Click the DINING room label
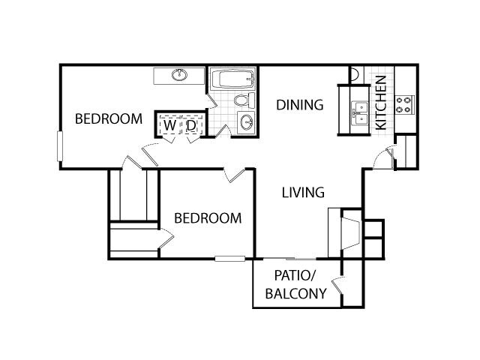point(299,105)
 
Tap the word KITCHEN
point(380,103)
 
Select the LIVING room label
point(303,193)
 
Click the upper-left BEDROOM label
point(109,118)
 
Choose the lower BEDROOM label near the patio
point(208,218)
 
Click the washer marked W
point(169,127)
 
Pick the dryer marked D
point(191,127)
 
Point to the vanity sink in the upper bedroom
point(178,75)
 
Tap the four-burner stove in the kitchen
point(405,104)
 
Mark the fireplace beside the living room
point(345,232)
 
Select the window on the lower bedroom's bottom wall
point(229,259)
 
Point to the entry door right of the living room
point(383,157)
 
